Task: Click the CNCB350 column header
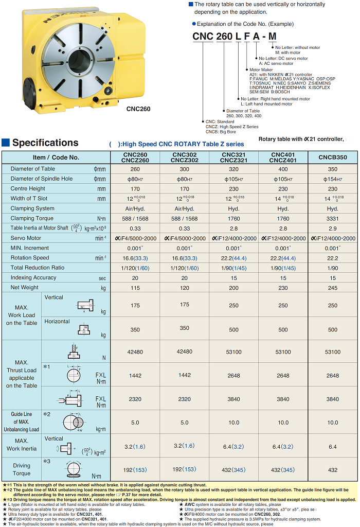333,157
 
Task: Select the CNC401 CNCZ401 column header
283,157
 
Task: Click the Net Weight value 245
333,287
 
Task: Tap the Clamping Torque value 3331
333,218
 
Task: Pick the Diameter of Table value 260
135,169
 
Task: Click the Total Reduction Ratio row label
38,268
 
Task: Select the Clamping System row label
32,208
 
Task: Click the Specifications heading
45,143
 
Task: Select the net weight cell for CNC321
234,287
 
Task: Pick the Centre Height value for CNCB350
333,189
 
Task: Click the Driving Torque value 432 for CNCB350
333,470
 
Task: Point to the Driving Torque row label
22,469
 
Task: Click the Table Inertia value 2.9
333,228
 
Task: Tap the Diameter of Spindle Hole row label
42,179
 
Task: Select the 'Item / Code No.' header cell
56,157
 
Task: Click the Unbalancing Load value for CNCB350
333,422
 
